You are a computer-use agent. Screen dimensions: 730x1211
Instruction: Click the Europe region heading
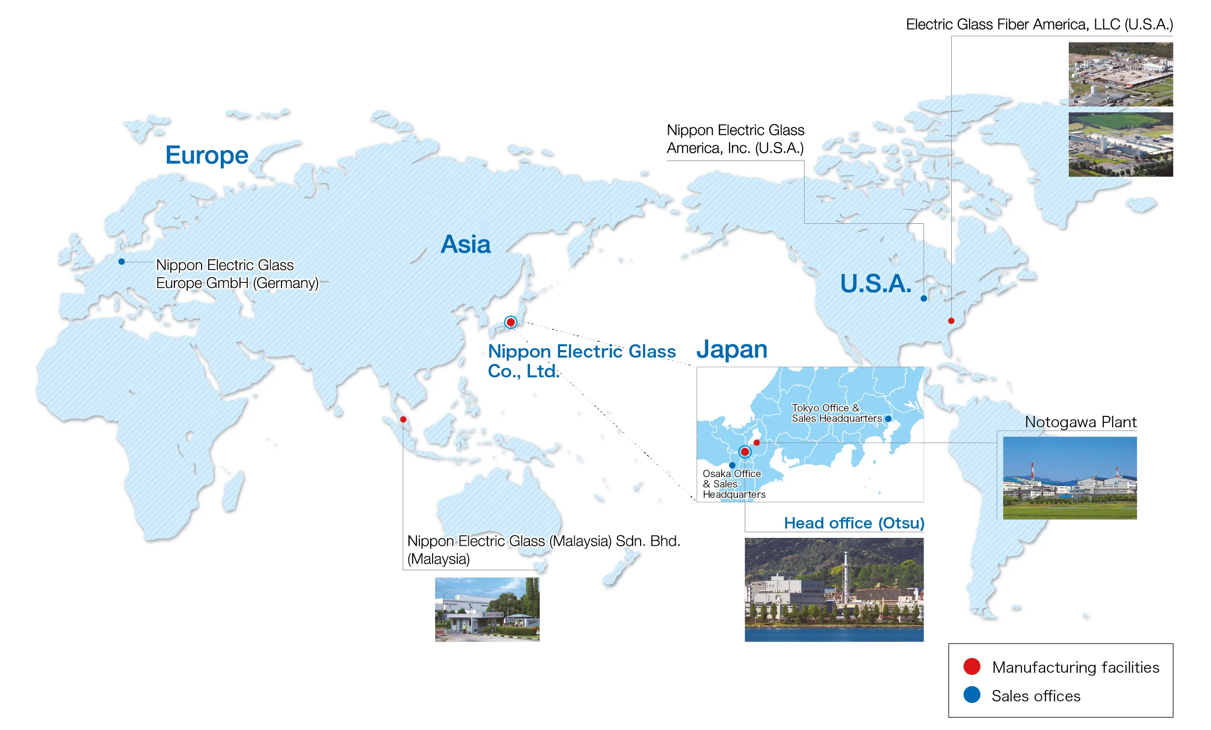point(206,155)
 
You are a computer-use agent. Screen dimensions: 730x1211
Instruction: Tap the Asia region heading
point(465,244)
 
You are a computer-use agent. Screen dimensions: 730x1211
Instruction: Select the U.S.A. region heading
point(876,284)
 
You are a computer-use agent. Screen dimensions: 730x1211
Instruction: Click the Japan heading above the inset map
point(731,349)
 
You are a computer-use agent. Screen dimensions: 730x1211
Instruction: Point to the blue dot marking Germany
point(121,262)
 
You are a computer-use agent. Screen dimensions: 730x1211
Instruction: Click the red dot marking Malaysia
point(403,419)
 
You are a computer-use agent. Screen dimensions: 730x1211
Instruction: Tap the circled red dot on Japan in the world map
point(511,323)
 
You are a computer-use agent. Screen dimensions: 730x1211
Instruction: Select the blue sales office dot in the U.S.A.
point(924,298)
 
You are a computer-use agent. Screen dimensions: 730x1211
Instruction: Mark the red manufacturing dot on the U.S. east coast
point(951,321)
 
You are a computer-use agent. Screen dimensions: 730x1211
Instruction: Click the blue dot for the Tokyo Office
point(888,419)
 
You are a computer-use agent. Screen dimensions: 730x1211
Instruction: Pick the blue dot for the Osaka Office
point(732,465)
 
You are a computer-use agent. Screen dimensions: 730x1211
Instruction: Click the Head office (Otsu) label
point(854,523)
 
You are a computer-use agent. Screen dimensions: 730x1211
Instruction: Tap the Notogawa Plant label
point(1081,422)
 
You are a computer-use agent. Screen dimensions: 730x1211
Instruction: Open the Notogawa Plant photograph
point(1070,478)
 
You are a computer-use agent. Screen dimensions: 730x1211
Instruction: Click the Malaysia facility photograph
point(487,609)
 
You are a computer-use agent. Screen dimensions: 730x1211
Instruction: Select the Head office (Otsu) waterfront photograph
point(834,590)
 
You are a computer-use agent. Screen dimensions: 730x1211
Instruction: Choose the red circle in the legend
point(971,666)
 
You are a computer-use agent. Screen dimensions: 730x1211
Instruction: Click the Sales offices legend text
point(1036,696)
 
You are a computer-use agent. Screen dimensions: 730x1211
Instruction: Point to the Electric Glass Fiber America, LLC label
point(1039,24)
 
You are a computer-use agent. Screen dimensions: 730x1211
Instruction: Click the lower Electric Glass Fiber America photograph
point(1120,144)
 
